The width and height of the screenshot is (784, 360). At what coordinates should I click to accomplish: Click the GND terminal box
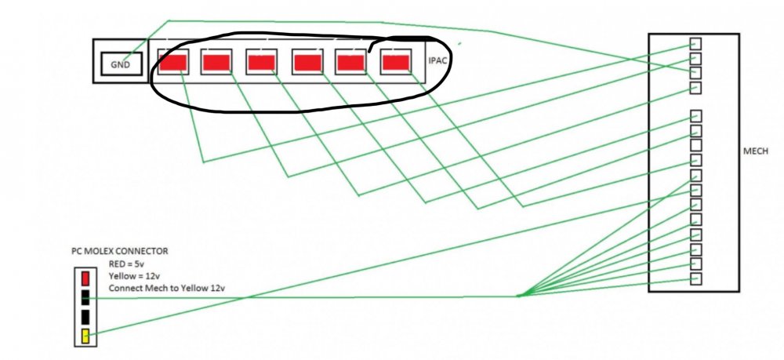[x=122, y=64]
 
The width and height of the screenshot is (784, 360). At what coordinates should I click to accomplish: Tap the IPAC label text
[x=437, y=61]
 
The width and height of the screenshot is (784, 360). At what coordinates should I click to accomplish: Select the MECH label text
[x=756, y=151]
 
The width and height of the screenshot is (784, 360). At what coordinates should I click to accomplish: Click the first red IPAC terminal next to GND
[x=173, y=63]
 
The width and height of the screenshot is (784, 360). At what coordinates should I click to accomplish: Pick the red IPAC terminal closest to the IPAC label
[x=395, y=63]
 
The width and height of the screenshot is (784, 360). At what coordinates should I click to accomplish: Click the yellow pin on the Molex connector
[x=85, y=336]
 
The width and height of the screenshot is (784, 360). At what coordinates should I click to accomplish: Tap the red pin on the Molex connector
[x=85, y=278]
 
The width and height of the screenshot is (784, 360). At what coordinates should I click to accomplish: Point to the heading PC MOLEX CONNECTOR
[x=119, y=251]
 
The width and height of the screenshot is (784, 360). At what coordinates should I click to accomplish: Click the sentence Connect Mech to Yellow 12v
[x=169, y=289]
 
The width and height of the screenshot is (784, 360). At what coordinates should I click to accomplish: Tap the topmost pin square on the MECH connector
[x=695, y=43]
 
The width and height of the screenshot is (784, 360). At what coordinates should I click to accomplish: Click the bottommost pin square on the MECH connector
[x=695, y=278]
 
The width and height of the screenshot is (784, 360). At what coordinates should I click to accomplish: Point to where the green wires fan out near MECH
[x=518, y=296]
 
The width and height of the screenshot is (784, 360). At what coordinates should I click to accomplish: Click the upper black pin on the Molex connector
[x=85, y=297]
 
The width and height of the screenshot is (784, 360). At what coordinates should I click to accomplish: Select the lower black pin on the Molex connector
[x=85, y=318]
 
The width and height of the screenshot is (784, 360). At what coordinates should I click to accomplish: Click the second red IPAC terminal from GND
[x=216, y=63]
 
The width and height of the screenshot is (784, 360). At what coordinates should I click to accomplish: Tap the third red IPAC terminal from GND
[x=262, y=63]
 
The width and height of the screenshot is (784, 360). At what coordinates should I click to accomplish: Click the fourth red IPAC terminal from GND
[x=307, y=63]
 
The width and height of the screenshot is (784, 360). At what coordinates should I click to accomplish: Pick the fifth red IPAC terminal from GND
[x=350, y=63]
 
